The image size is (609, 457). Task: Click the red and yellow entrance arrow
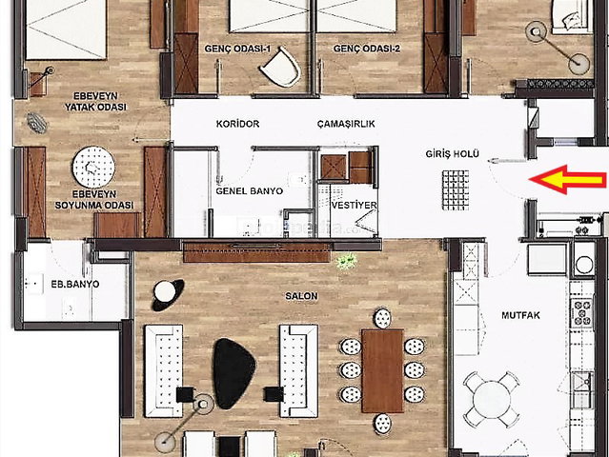568,180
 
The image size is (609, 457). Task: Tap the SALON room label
301,296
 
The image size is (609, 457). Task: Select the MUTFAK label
520,315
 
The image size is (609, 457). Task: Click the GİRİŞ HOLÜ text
452,154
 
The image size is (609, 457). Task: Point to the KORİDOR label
237,124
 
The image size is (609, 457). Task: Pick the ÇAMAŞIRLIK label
346,124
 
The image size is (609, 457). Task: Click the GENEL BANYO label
250,190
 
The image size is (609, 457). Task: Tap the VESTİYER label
354,205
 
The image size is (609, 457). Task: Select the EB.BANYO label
75,284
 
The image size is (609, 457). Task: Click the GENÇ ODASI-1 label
237,49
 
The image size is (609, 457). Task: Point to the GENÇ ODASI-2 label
367,49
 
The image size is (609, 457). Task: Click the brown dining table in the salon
382,371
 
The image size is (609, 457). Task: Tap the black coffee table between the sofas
233,373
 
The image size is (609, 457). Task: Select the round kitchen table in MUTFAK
492,400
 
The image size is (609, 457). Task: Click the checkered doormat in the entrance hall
456,190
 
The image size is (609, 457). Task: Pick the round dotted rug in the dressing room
93,168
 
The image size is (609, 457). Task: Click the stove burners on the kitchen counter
581,312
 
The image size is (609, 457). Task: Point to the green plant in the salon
347,261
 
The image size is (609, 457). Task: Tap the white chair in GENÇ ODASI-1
281,67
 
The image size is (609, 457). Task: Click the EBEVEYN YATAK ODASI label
95,101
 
